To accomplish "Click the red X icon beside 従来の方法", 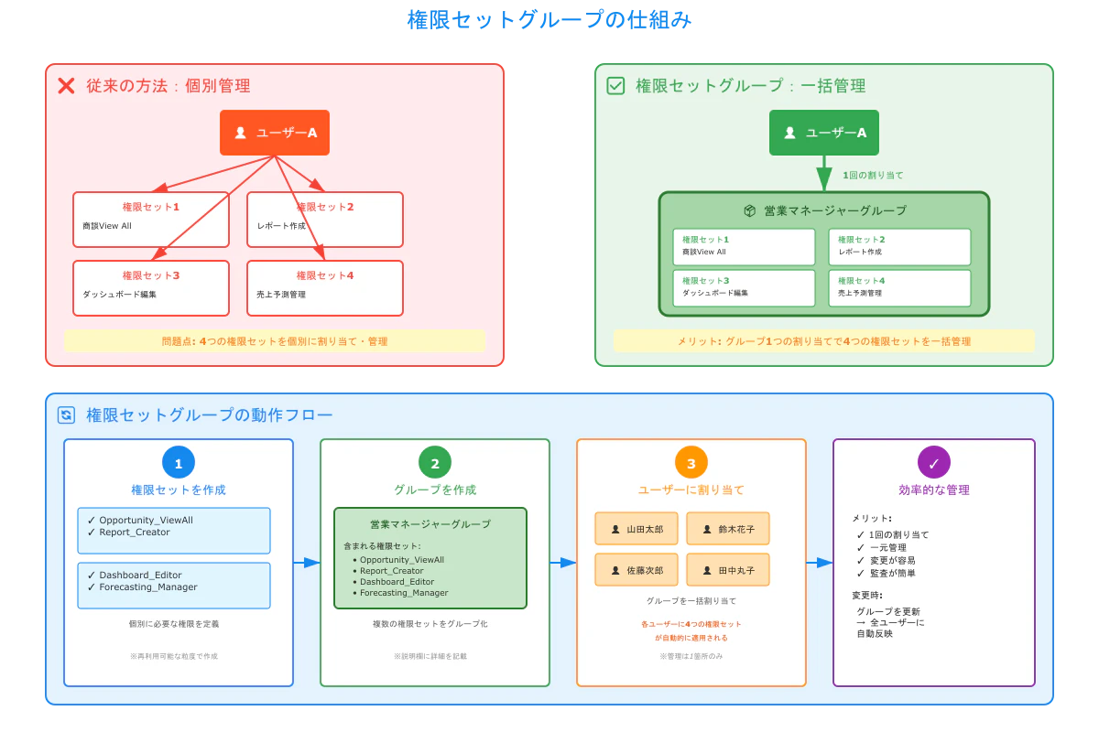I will click(x=66, y=86).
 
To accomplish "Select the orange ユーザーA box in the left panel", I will click(x=274, y=133).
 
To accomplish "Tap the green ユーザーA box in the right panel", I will click(x=823, y=133).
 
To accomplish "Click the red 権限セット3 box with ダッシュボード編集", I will click(x=150, y=288).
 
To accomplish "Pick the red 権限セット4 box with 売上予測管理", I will click(x=324, y=288).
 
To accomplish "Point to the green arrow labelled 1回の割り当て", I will click(x=823, y=174).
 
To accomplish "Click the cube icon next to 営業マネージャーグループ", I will click(x=749, y=210).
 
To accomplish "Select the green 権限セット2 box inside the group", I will click(x=899, y=246).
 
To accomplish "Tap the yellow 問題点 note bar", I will click(x=274, y=341).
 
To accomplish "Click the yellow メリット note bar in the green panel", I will click(x=823, y=341).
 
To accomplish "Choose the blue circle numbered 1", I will click(x=179, y=463).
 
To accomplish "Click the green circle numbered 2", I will click(x=435, y=463).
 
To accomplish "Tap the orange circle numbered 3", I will click(x=691, y=463).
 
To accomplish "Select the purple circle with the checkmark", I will click(x=934, y=463).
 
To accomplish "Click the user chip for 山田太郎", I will click(x=636, y=529).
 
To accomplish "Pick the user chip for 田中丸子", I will click(x=727, y=570).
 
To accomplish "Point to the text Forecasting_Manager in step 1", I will click(x=148, y=587).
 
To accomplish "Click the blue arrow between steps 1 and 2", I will click(x=307, y=563).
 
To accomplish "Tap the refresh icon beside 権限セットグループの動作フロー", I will click(x=66, y=415).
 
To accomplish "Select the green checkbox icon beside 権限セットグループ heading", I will click(x=615, y=86).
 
